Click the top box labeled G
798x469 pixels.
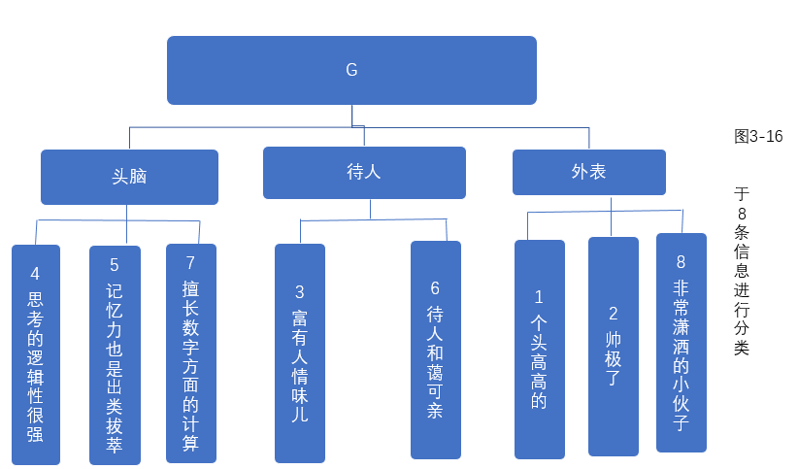click(x=351, y=70)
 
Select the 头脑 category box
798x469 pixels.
click(x=129, y=177)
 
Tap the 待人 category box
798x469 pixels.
click(x=364, y=173)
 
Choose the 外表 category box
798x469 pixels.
click(x=588, y=172)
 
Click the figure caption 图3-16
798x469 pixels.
click(x=758, y=137)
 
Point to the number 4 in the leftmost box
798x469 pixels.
click(x=35, y=273)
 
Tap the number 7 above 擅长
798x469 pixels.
click(x=190, y=262)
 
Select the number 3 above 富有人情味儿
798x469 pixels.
click(x=300, y=291)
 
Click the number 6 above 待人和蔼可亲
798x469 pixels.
click(x=435, y=287)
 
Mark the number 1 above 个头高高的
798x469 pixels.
click(x=540, y=296)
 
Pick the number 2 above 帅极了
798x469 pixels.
click(x=614, y=313)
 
